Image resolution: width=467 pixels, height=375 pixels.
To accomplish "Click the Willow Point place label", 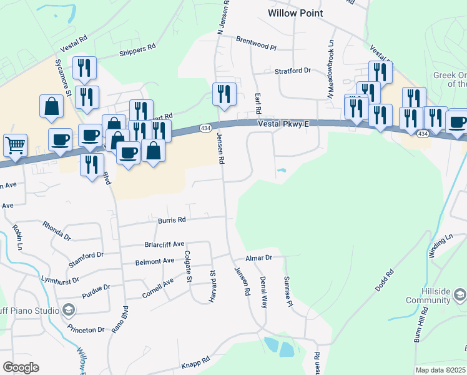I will (295, 12).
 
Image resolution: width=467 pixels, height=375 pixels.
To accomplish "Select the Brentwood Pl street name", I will (256, 39).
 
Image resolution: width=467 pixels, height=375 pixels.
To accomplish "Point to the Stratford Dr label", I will (293, 71).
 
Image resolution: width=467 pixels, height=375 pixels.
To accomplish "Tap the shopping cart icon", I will (16, 145).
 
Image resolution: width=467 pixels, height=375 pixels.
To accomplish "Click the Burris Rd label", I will (172, 220).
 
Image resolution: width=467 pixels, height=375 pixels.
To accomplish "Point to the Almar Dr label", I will (259, 257).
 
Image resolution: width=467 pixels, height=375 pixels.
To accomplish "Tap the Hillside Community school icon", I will (460, 294).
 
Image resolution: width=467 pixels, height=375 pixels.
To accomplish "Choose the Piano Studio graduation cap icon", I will (69, 309).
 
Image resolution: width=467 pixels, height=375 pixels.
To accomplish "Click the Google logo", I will (21, 367).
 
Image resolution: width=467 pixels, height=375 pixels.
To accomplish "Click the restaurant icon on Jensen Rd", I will (224, 94).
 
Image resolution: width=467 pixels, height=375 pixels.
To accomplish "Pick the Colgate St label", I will (188, 267).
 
